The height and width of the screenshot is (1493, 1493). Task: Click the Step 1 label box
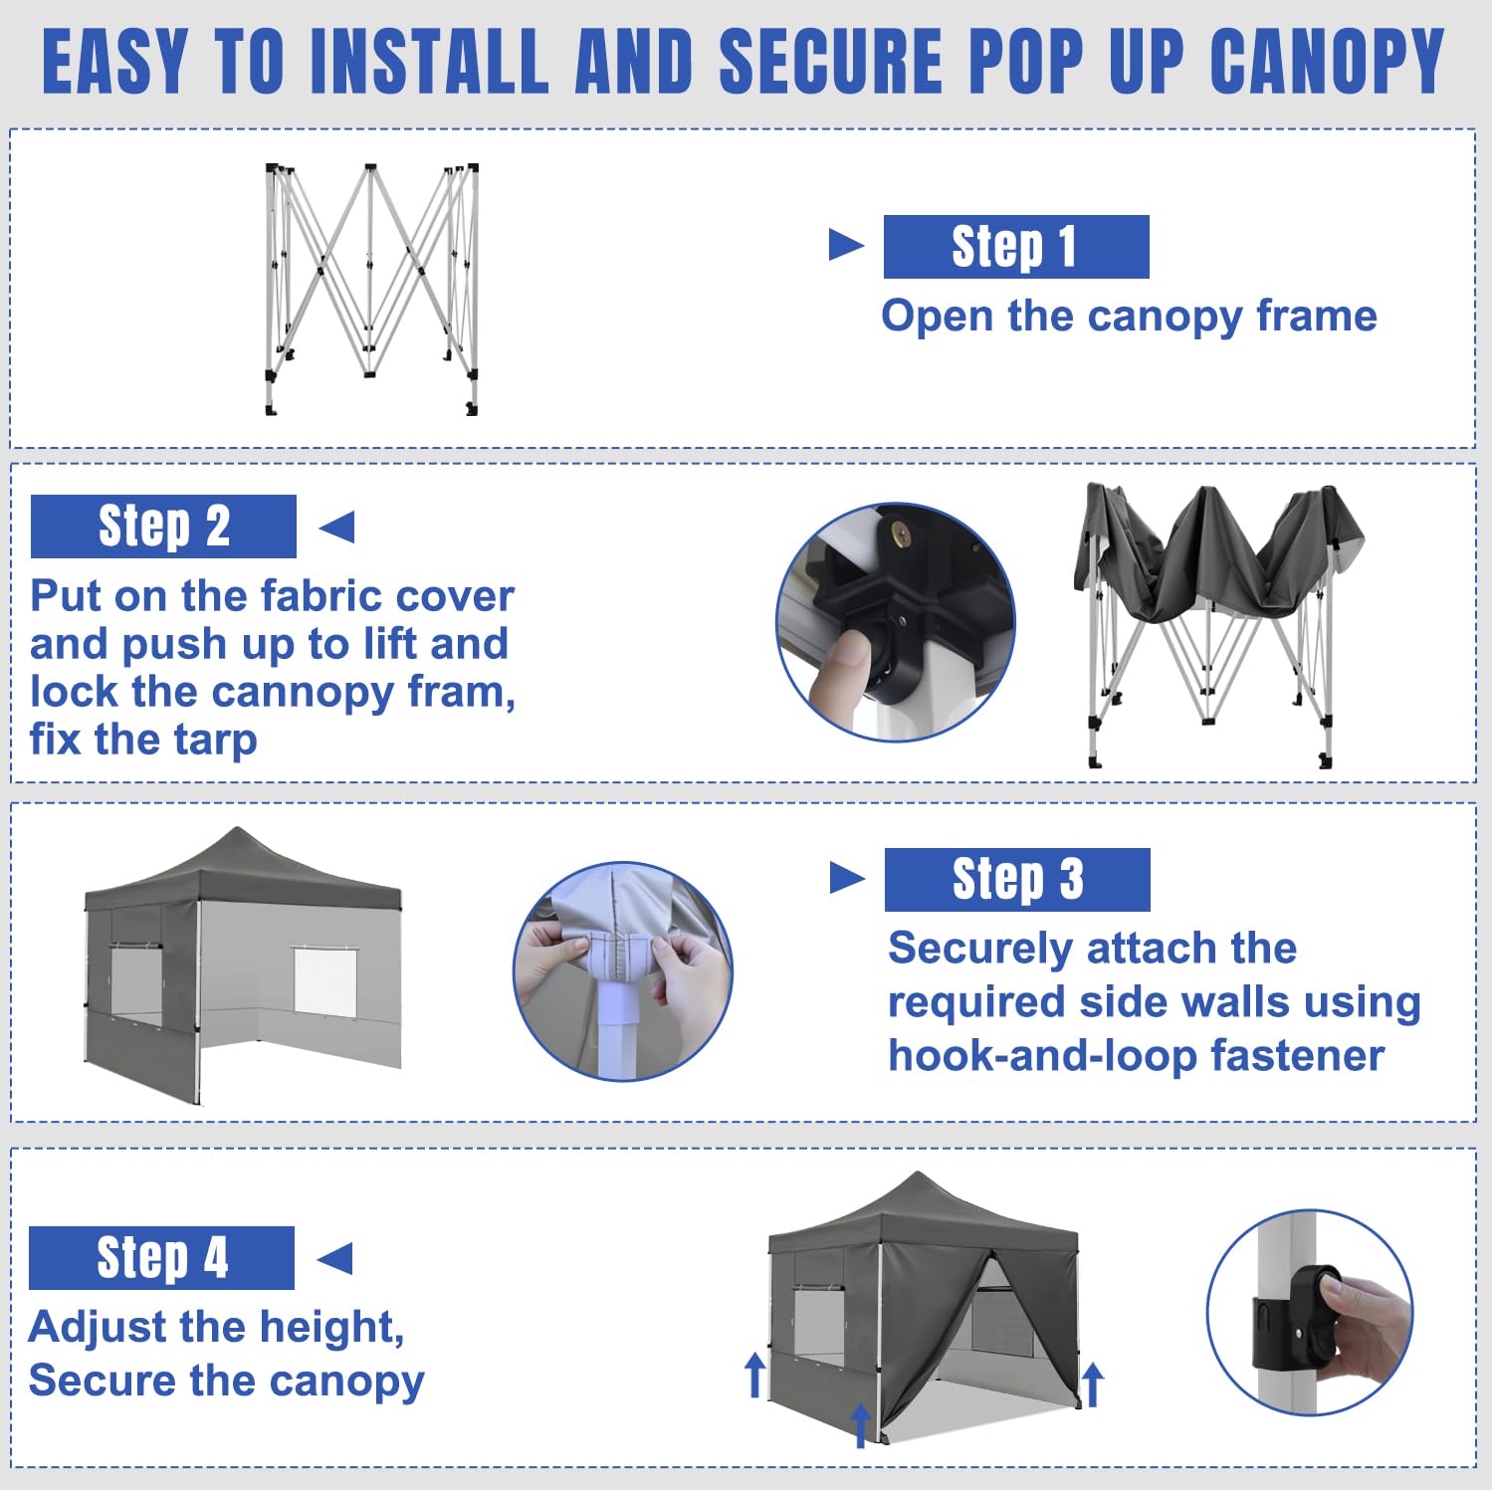click(x=1016, y=247)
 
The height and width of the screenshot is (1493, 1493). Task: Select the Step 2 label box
click(x=163, y=527)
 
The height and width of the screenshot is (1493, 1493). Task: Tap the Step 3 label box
click(x=1017, y=880)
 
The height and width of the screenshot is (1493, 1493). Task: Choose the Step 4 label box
click(x=161, y=1258)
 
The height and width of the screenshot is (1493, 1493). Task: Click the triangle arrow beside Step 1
click(x=845, y=245)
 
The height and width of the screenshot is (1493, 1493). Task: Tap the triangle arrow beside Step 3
click(x=847, y=878)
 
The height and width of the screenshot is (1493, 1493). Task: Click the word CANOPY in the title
click(x=1327, y=62)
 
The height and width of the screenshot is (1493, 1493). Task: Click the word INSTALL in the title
click(x=430, y=62)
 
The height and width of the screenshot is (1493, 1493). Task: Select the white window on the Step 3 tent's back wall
click(x=324, y=981)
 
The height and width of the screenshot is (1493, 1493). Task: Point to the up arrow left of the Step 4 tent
click(x=755, y=1374)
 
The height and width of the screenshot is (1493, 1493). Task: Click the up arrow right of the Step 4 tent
click(x=1093, y=1385)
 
